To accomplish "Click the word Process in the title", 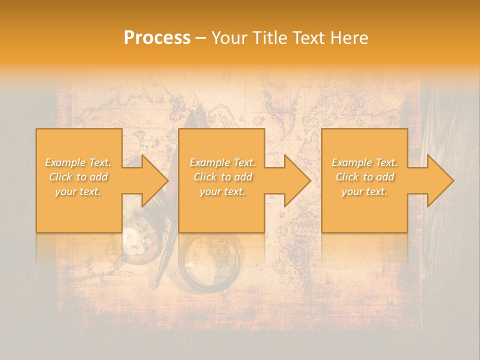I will [157, 38].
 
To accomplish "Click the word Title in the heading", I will [269, 38].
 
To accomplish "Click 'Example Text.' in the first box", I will [78, 162].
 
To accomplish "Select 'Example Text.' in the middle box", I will [222, 162].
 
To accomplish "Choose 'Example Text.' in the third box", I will [364, 162].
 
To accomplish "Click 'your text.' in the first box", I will [78, 191].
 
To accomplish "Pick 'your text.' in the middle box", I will [222, 191].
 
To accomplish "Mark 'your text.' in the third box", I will [364, 191].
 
